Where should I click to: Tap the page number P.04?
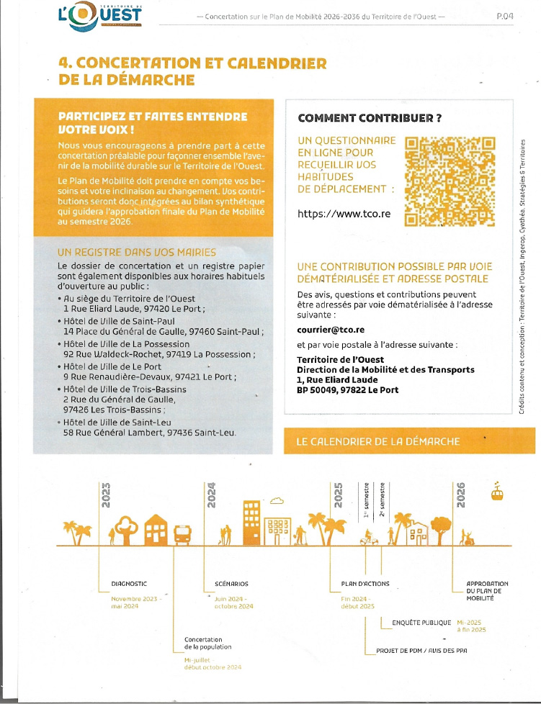tap(505, 15)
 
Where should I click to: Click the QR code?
tap(451, 181)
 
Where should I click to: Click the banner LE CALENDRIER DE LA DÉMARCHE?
tap(378, 441)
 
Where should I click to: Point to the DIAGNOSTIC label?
tap(130, 584)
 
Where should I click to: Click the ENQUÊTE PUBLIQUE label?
tap(421, 623)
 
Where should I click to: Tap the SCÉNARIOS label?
tap(231, 584)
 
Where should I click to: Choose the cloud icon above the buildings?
tap(277, 500)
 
